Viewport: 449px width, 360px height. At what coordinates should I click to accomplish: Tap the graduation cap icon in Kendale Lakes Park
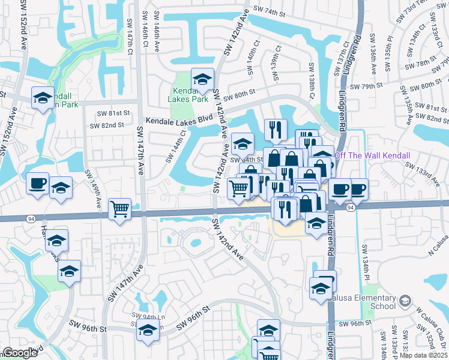203,79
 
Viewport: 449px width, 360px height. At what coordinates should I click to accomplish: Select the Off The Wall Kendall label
372,155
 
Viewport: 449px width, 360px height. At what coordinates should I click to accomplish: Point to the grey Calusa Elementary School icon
406,300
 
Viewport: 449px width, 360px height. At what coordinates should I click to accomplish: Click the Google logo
20,353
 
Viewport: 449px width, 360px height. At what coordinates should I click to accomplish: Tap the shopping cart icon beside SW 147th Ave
120,209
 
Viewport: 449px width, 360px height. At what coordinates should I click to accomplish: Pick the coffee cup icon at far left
37,183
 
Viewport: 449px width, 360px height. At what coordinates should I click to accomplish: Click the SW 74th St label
271,10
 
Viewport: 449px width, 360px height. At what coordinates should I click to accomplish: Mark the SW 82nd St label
106,125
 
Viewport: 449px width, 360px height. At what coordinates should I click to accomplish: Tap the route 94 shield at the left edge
29,219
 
